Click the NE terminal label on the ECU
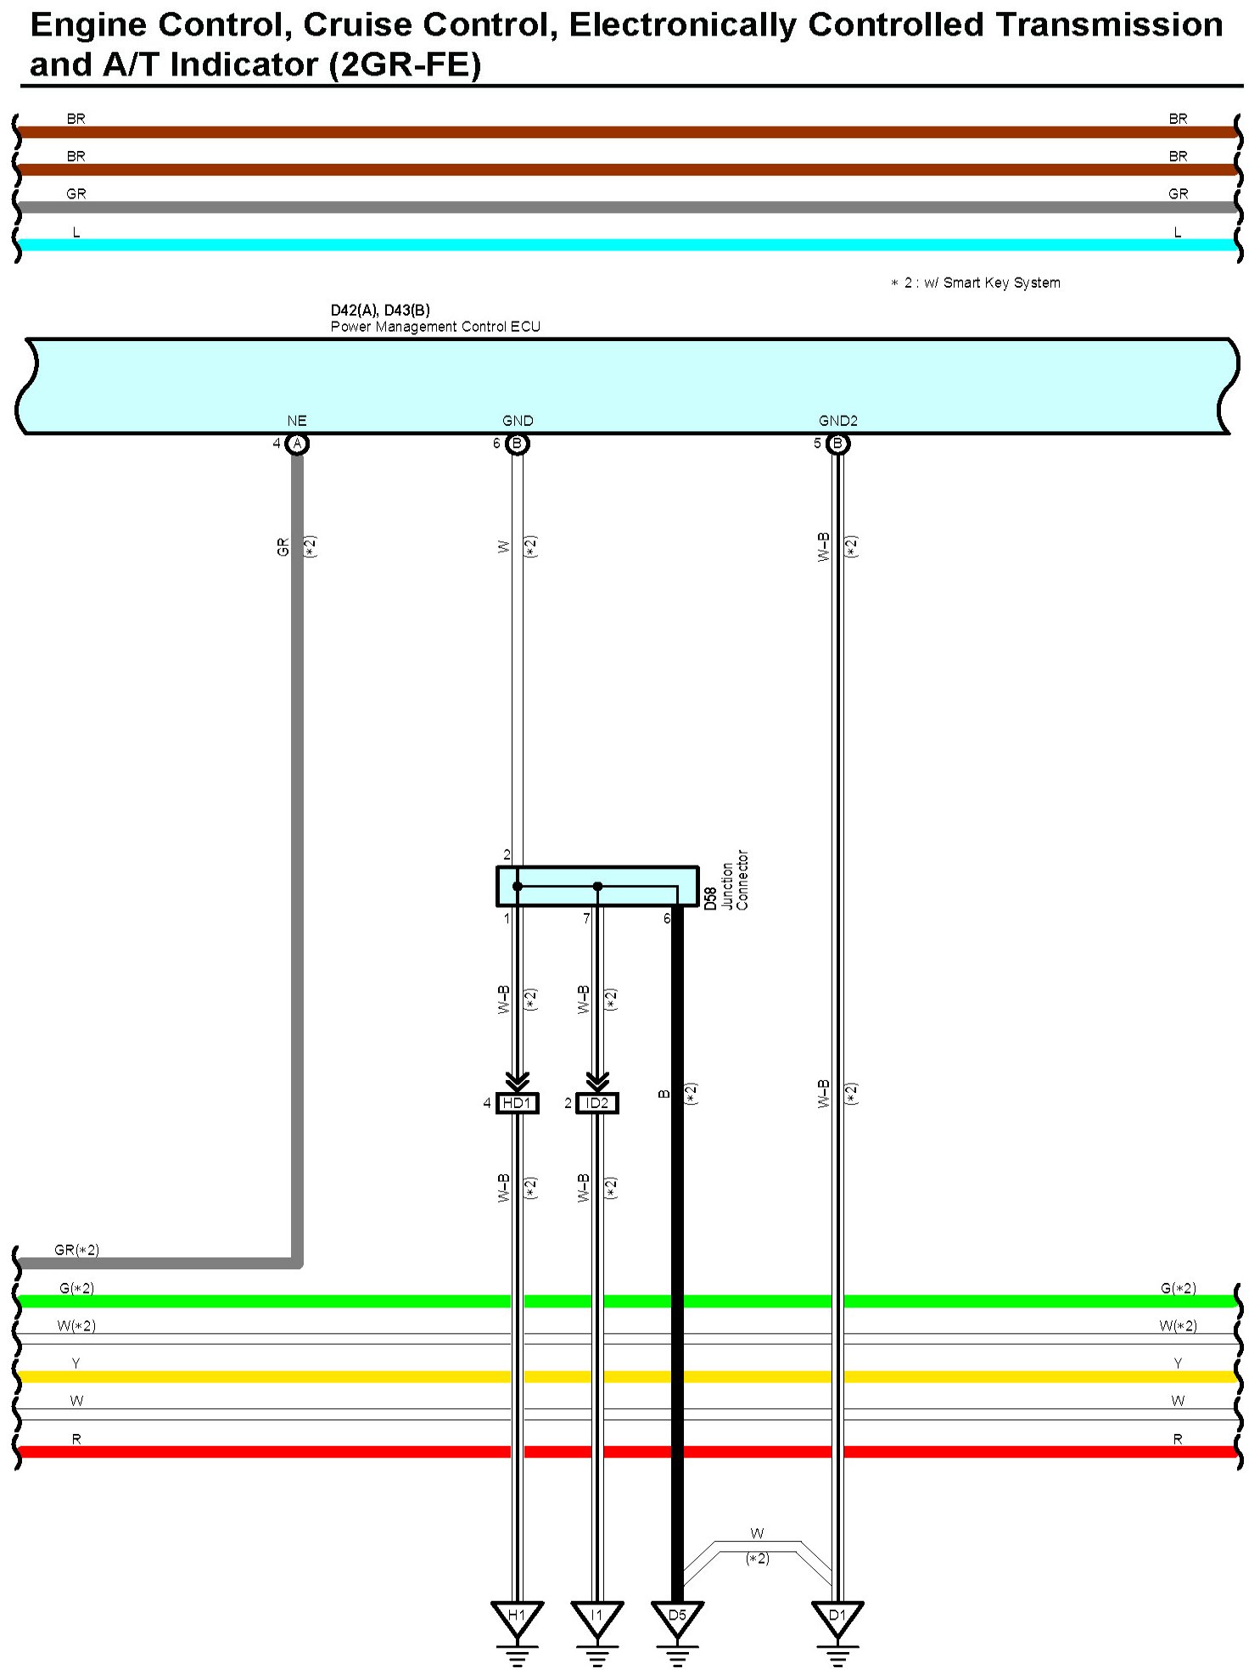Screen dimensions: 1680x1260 pos(296,421)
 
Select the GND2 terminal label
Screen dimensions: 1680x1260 pos(837,421)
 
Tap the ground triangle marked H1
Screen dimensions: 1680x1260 pos(517,1616)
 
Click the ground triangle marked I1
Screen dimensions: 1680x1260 pos(596,1616)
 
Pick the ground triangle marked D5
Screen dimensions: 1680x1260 pos(676,1616)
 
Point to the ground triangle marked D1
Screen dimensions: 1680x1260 pos(837,1616)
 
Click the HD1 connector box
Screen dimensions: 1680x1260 pos(517,1103)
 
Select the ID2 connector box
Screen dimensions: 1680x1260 pos(597,1103)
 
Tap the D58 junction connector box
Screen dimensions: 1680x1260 pos(597,886)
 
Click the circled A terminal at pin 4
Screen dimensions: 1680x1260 pos(296,444)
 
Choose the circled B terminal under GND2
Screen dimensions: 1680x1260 pos(837,444)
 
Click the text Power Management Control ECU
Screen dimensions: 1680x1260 pos(435,327)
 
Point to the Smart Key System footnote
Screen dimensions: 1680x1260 pos(976,283)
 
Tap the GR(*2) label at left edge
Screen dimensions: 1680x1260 pos(76,1250)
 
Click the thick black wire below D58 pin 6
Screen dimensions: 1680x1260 pos(677,1188)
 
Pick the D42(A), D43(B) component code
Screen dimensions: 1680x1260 pos(380,311)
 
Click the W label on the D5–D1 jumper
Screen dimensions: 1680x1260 pos(757,1533)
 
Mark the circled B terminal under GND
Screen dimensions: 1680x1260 pos(517,444)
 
